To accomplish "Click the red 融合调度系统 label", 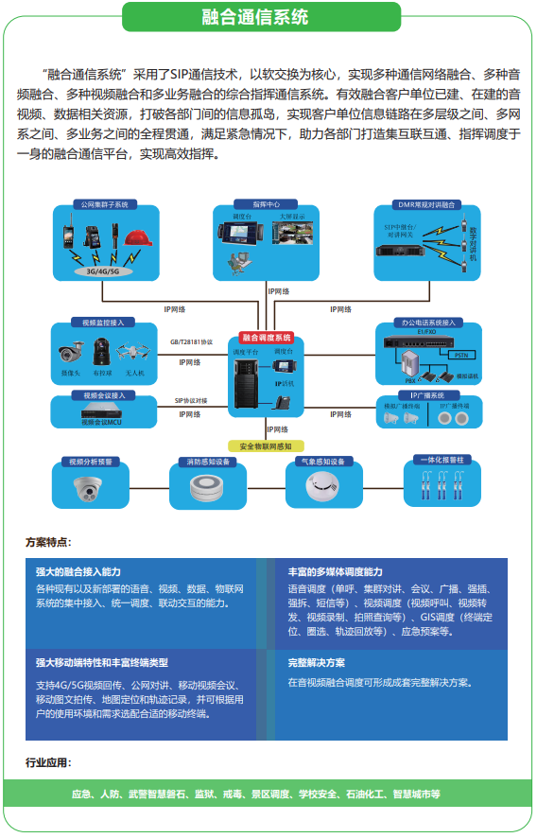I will [267, 337].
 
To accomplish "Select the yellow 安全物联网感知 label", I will [266, 445].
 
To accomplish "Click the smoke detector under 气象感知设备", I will [320, 486].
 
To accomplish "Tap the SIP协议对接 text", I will [191, 401].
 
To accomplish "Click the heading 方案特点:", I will [47, 543].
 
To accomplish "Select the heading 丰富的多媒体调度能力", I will [335, 572].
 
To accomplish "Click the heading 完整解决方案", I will [316, 663].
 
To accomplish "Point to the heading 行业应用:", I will [47, 762].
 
